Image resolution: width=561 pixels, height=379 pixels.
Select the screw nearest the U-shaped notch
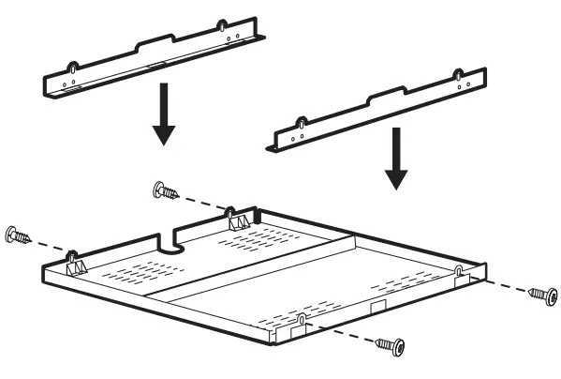(x=165, y=191)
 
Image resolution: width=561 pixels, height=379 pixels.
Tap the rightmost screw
(x=542, y=295)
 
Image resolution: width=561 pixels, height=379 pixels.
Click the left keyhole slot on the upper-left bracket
(x=71, y=68)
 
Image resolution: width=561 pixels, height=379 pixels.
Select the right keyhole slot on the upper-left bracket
(x=221, y=25)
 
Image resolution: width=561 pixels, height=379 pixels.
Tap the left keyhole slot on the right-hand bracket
(x=302, y=122)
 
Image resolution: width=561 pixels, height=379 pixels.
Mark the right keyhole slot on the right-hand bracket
(x=456, y=75)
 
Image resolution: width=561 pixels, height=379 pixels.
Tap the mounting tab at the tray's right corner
(x=459, y=272)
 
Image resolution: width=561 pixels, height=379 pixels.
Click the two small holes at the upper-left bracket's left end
(x=64, y=82)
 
